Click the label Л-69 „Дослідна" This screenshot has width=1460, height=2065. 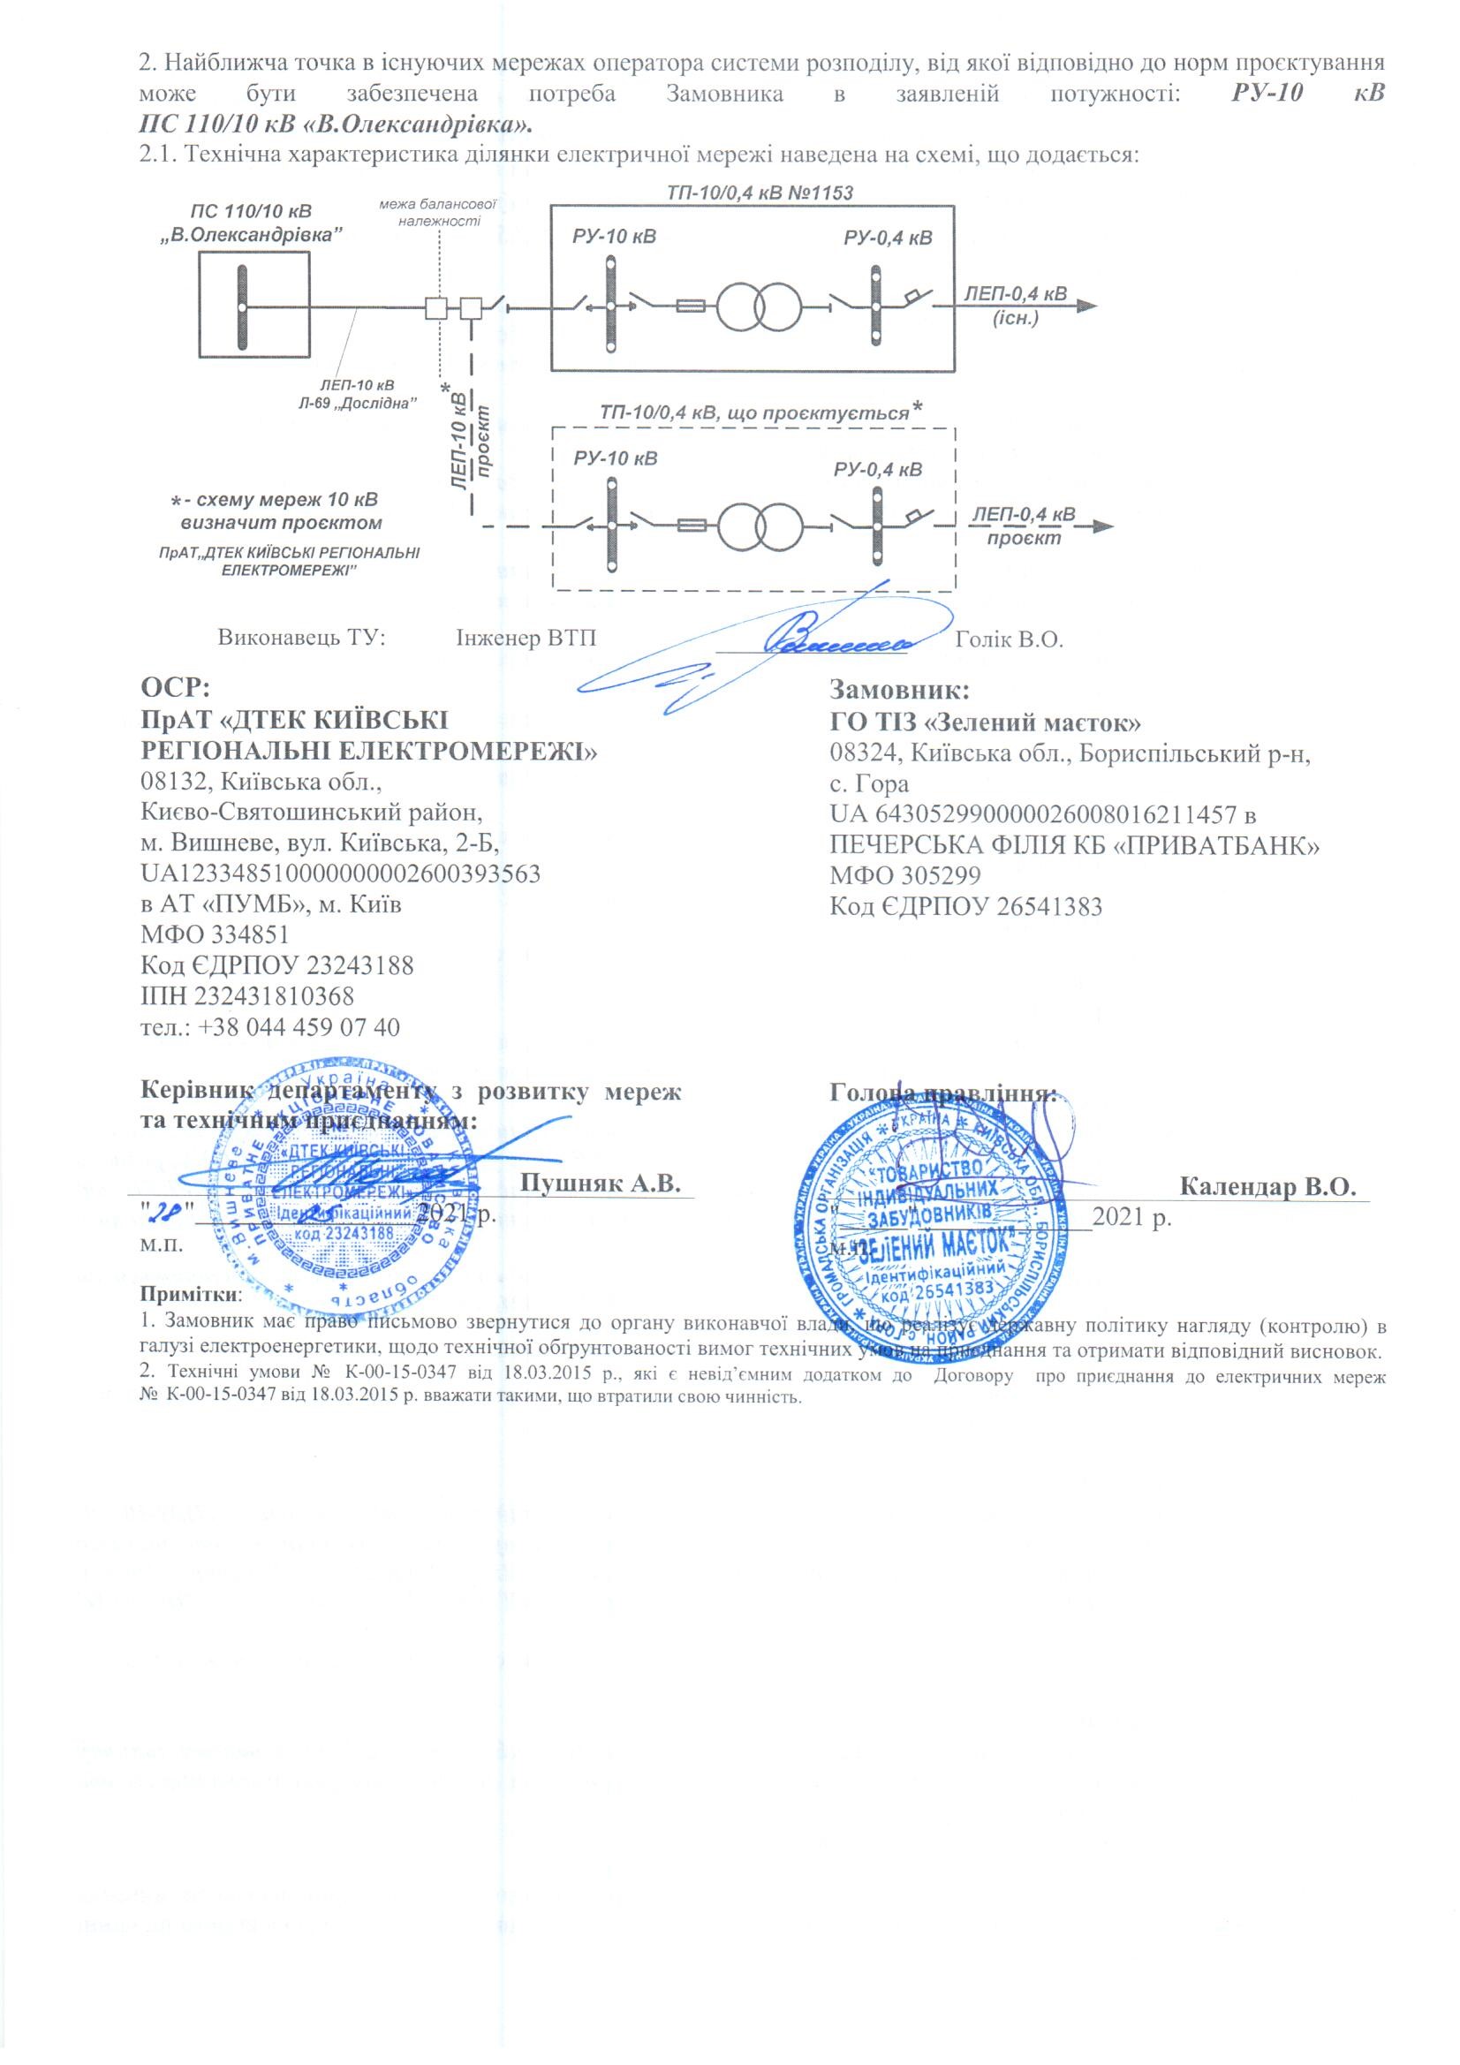(356, 404)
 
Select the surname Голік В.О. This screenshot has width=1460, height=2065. (1010, 639)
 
